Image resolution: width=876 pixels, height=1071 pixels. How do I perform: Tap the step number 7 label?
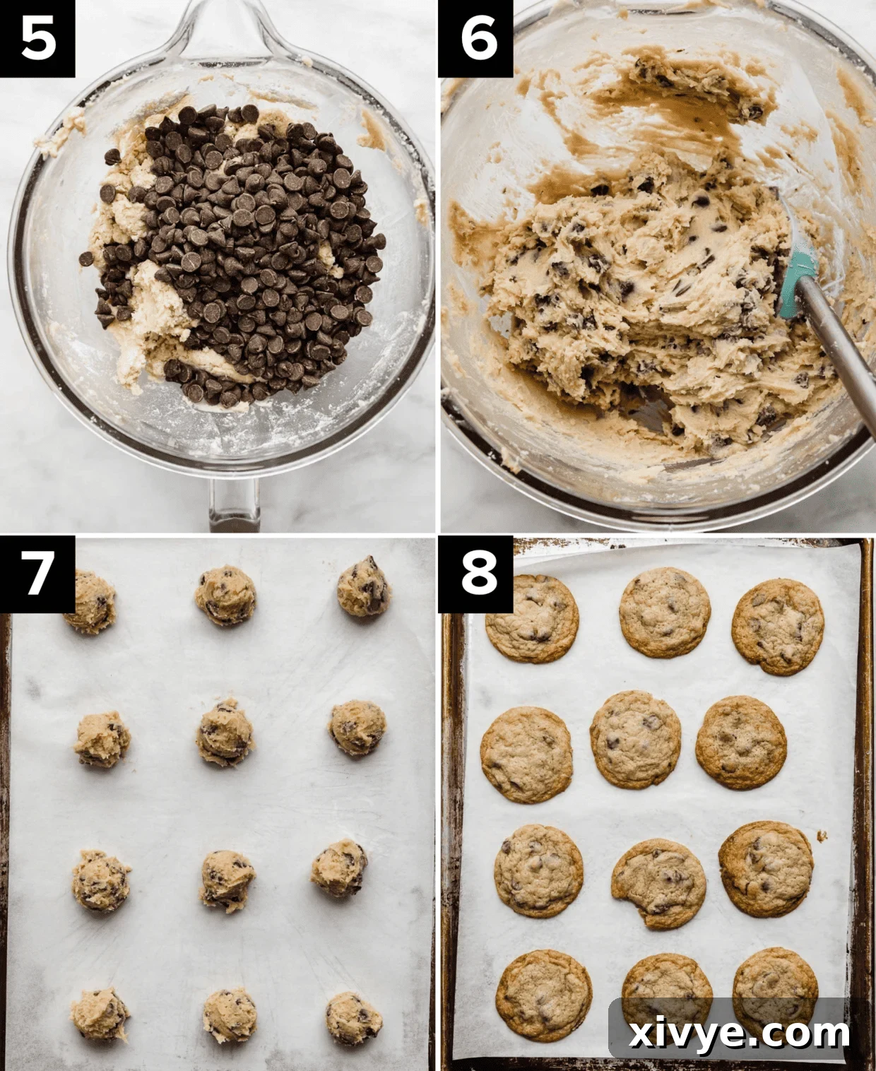click(37, 573)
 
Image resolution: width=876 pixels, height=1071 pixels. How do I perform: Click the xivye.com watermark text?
click(739, 1034)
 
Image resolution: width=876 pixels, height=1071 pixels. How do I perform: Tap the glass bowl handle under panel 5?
click(234, 503)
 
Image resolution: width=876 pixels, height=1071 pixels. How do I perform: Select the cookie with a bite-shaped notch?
click(658, 883)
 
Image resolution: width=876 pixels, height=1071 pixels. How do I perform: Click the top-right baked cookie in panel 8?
click(778, 627)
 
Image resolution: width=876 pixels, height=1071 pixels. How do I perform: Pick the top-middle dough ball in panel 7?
click(225, 595)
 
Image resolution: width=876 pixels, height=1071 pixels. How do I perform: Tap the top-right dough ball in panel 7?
click(362, 586)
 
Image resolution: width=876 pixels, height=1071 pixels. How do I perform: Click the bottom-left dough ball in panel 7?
click(100, 1014)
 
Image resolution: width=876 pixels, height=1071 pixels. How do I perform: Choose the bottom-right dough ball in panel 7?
click(353, 1018)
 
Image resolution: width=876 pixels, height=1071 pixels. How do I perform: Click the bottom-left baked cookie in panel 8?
click(543, 996)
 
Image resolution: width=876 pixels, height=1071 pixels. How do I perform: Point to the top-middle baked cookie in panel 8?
click(665, 612)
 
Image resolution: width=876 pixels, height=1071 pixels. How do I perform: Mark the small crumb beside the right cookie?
click(822, 836)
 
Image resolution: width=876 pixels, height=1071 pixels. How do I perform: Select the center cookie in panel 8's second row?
click(635, 739)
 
